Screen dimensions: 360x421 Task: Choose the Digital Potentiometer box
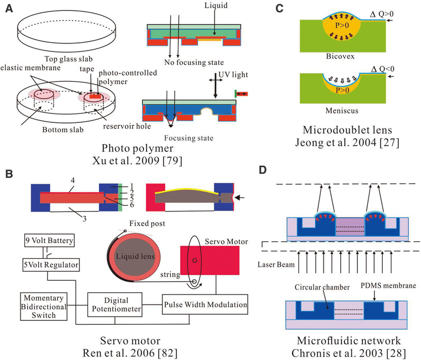pyautogui.click(x=115, y=305)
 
